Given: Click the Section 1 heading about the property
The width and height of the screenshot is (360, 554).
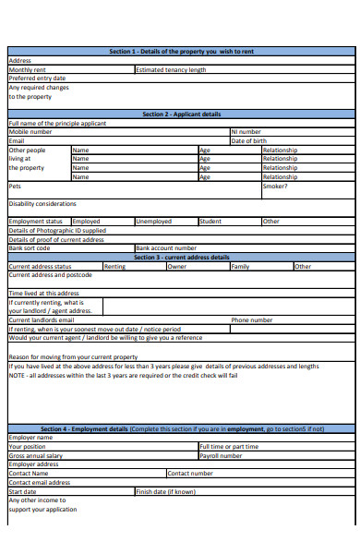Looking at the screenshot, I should point(181,52).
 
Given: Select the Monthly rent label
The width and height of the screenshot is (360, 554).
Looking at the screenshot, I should point(27,69).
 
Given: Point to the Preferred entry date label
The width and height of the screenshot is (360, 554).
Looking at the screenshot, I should point(37,78).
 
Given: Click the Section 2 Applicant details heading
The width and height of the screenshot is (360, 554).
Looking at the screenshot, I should point(181,114).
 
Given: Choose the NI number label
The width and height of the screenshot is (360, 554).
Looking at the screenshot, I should point(246,132).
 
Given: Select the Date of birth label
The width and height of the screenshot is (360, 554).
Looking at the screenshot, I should point(249,140).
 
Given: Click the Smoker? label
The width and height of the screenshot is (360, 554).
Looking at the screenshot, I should point(275,186).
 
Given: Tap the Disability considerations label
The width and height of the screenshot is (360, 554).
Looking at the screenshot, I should point(42,204).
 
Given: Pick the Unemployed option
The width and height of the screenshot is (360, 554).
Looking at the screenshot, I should point(153,222).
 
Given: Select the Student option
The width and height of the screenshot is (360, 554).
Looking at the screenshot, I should point(210,222).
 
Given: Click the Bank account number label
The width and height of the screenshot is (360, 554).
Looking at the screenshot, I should point(166,248).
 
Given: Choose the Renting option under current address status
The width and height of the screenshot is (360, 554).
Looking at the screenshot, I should point(114,267).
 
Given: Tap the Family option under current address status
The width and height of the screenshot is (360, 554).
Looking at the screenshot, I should point(240,267).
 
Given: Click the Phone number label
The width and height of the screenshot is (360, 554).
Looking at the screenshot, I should point(251,320).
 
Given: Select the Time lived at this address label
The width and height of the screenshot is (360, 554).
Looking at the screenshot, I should point(43,293).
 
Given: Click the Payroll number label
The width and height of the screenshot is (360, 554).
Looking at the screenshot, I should point(221,455).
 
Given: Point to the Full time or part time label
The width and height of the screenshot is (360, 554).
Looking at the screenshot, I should point(228,446).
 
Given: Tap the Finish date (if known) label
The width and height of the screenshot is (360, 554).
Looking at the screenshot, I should point(166,491).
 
